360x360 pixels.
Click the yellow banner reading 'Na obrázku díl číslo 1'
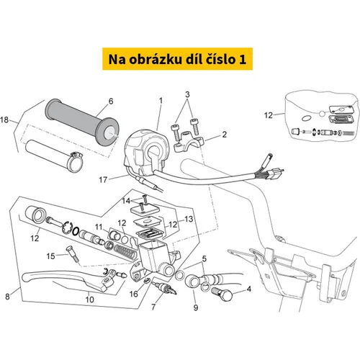point(177,59)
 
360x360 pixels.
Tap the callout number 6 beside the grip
point(111,101)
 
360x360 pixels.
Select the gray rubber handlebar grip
point(82,122)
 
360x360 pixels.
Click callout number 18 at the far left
point(4,120)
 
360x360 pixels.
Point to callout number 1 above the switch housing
point(161,101)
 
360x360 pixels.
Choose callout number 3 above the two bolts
point(187,94)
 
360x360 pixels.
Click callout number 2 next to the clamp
point(224,135)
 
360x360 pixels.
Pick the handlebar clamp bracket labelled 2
point(189,142)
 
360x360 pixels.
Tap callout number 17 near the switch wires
point(103,179)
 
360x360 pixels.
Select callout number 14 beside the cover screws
point(126,201)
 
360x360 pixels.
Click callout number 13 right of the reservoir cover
point(189,219)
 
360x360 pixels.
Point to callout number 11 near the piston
point(99,227)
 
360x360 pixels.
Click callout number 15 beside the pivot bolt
point(50,256)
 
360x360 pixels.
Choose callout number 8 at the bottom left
point(7,297)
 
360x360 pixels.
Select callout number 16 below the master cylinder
point(134,294)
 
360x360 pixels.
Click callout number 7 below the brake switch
point(153,307)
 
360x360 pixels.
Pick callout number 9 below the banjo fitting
point(196,307)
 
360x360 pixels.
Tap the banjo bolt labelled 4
point(222,294)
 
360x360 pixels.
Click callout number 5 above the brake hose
point(204,258)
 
